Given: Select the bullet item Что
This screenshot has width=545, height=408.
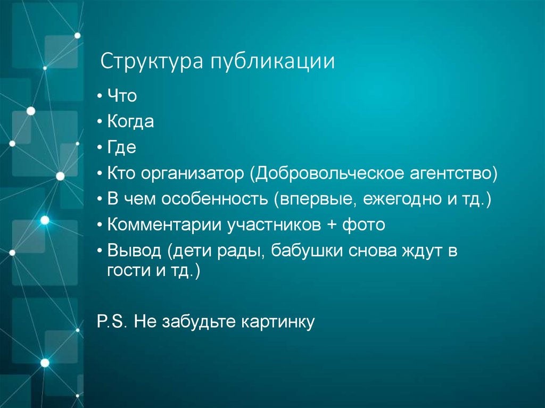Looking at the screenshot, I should [x=122, y=96].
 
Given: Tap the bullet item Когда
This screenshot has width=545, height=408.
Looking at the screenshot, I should [x=130, y=122].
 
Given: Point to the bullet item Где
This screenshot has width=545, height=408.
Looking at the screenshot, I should [x=122, y=147].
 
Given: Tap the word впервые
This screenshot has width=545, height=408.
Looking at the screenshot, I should [x=315, y=199].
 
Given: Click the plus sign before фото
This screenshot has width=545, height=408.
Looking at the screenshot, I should [x=332, y=225].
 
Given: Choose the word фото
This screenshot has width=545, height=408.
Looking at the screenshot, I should [x=364, y=225].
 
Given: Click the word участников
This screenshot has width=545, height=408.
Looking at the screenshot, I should [x=269, y=226].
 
